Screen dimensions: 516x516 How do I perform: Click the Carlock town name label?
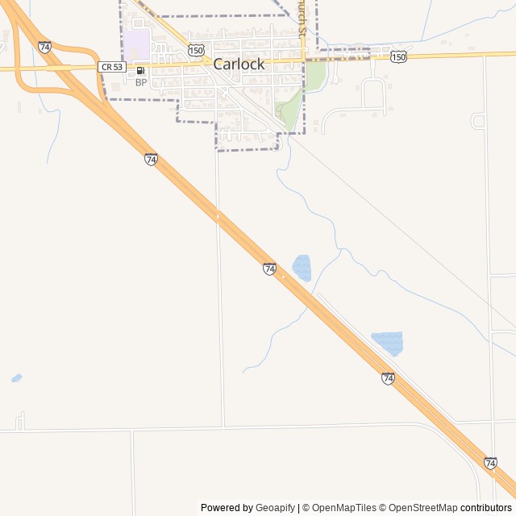(239, 64)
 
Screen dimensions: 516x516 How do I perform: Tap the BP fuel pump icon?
(141, 71)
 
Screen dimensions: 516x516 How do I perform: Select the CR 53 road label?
(111, 67)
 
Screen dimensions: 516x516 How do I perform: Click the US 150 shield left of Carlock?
(196, 50)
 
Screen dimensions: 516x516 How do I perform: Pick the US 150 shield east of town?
(398, 56)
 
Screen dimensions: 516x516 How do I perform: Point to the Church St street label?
(303, 18)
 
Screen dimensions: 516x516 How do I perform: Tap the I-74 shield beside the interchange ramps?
(44, 48)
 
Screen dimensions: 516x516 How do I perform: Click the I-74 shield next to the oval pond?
(269, 268)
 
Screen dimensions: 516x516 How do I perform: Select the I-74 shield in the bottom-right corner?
(490, 463)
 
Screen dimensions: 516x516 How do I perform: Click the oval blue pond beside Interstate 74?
(302, 268)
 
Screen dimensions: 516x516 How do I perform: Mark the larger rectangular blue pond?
(388, 343)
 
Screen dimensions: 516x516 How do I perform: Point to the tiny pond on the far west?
(16, 377)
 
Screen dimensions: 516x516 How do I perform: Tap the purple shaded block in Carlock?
(136, 44)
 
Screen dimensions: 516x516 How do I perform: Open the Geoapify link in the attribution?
(276, 508)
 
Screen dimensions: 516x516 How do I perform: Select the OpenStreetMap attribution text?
(422, 508)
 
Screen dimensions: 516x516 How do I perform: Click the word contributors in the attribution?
(486, 508)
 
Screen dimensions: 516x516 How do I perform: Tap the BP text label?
(141, 82)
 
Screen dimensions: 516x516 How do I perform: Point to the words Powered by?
(227, 508)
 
